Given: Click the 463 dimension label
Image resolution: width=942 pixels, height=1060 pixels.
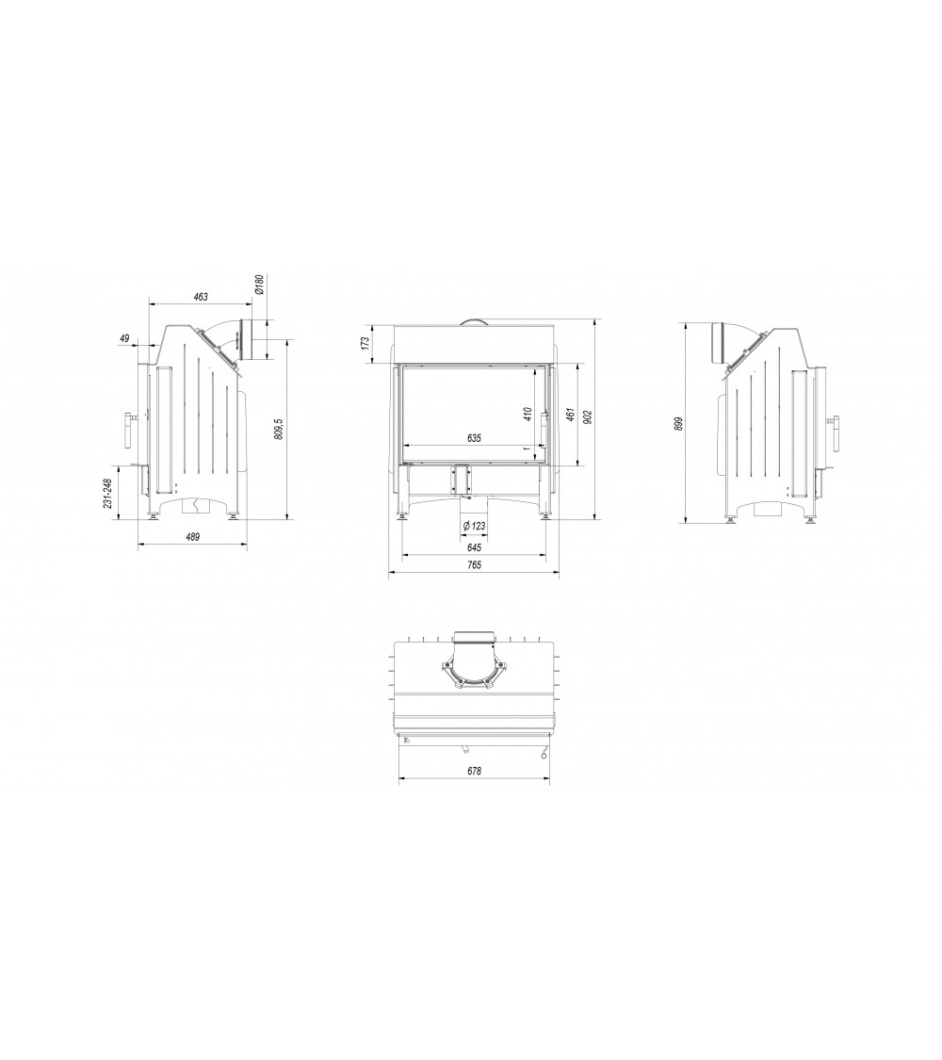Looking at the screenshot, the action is [201, 296].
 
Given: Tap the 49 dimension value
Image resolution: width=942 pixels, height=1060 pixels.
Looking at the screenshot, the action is [123, 338].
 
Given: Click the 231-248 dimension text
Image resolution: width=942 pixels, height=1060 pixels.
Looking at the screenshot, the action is [106, 496].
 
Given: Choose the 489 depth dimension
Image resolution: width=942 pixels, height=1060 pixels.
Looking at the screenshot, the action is [192, 537].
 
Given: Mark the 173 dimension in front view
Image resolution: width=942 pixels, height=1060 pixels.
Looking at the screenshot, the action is [365, 344].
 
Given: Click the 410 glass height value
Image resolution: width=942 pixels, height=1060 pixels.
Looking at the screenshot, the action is [528, 413].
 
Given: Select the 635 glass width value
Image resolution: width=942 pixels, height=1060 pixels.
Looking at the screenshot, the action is [474, 438].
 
